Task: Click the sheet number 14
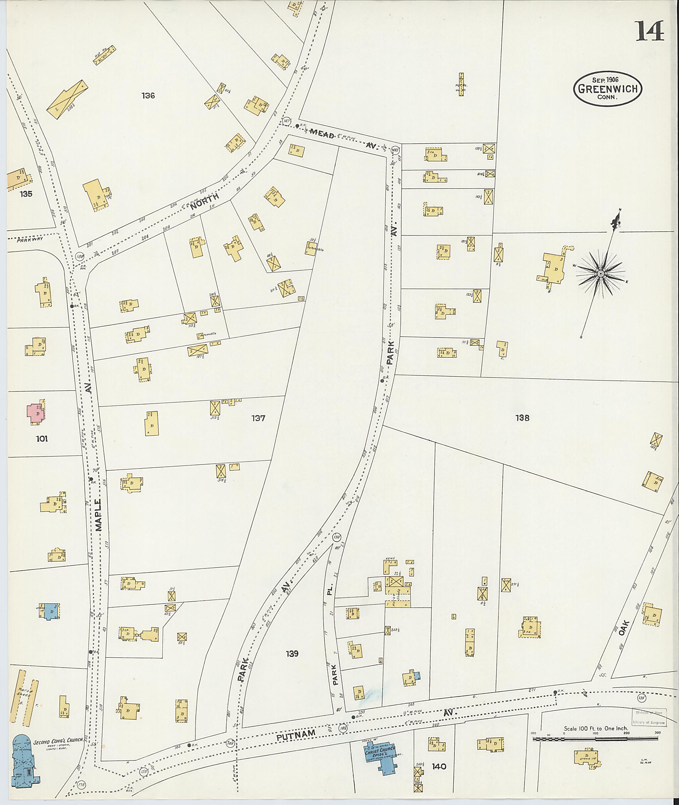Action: [x=650, y=31]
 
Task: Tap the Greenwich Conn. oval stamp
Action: [x=608, y=88]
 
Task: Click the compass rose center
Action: [x=600, y=274]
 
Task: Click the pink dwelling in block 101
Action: [x=36, y=413]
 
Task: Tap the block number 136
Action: [x=148, y=95]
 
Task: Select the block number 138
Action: [x=522, y=418]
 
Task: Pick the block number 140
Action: [x=439, y=767]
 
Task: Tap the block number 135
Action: [x=26, y=194]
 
